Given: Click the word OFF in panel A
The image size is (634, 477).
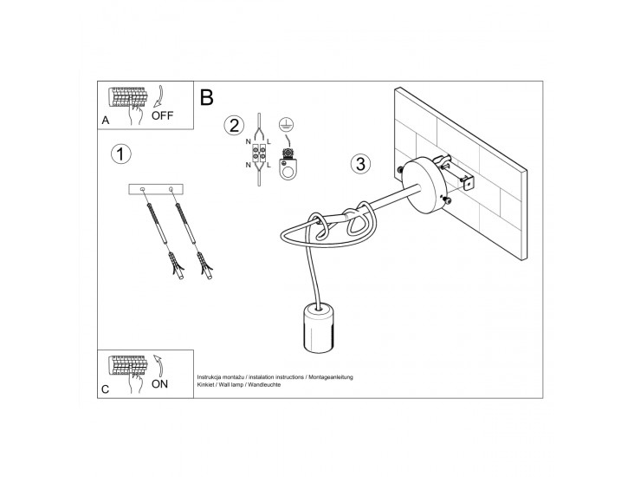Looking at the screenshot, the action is point(162,115).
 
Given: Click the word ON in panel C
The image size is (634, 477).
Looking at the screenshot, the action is point(159,384).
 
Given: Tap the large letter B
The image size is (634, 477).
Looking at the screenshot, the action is point(207,97).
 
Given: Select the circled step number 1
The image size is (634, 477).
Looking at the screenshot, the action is point(120,154).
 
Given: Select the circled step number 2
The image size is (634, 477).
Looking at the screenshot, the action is point(234,126).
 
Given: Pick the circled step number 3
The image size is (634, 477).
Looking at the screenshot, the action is point(360,164).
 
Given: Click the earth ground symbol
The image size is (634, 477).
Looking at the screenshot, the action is point(287,126).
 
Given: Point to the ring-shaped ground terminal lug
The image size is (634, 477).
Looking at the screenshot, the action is point(288,169).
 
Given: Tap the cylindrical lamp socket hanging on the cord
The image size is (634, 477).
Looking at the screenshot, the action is point(318,330).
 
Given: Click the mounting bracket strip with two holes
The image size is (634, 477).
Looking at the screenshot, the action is point(156,189).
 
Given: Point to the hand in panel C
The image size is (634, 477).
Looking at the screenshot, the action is point(135,382).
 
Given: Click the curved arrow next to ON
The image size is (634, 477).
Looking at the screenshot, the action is point(158,366).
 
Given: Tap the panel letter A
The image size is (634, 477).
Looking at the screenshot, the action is point(106,121).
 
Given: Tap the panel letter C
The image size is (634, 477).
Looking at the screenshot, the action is point(105,389).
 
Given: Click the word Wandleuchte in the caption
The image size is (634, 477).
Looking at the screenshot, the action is point(264,385).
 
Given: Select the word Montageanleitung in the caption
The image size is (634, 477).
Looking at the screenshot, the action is point(331,377).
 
